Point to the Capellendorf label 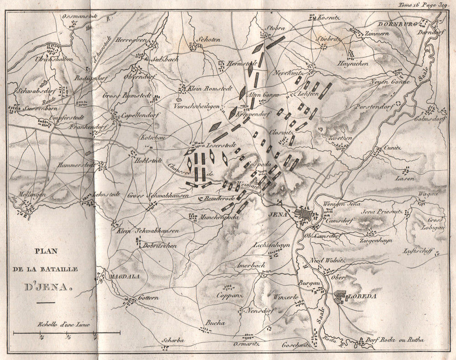(x=138, y=115)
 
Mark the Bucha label (x=216, y=323)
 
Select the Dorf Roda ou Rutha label (x=395, y=340)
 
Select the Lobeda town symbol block (x=340, y=297)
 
